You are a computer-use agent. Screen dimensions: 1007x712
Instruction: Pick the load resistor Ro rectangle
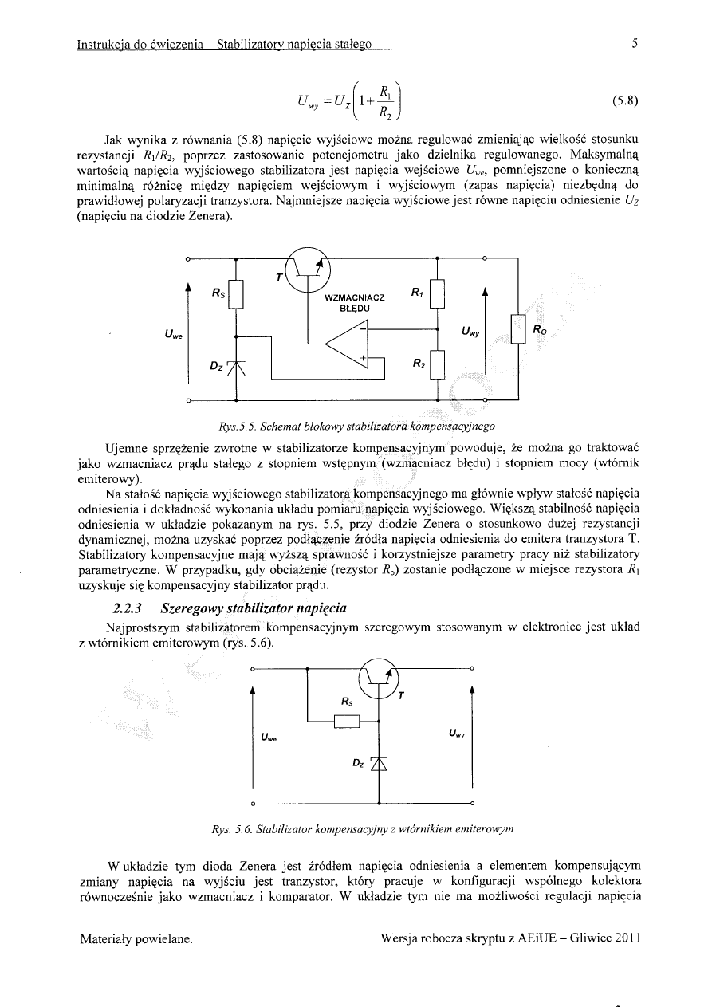[519, 328]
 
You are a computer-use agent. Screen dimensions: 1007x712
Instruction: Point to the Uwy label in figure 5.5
[471, 329]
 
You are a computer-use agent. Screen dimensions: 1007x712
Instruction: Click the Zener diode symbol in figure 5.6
[379, 763]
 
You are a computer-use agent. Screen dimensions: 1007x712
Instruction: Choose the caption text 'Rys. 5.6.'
[222, 828]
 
